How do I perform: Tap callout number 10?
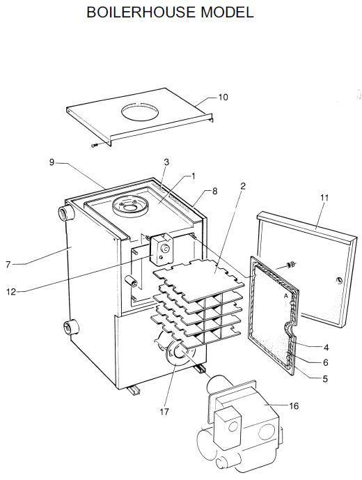tap(223, 97)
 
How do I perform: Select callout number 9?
tap(52, 162)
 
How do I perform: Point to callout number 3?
tap(166, 162)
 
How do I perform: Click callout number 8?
tap(215, 192)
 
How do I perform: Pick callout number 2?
tap(243, 186)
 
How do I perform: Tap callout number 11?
tap(324, 197)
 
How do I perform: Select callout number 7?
tap(8, 264)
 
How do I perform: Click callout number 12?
tap(10, 292)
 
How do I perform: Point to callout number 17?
tap(164, 412)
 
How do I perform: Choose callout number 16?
tap(294, 406)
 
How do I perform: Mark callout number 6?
tap(326, 362)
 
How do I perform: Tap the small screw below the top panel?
tap(94, 146)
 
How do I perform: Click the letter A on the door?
tap(286, 296)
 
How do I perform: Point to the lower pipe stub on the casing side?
tap(71, 327)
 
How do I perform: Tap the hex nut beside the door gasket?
tap(290, 264)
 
